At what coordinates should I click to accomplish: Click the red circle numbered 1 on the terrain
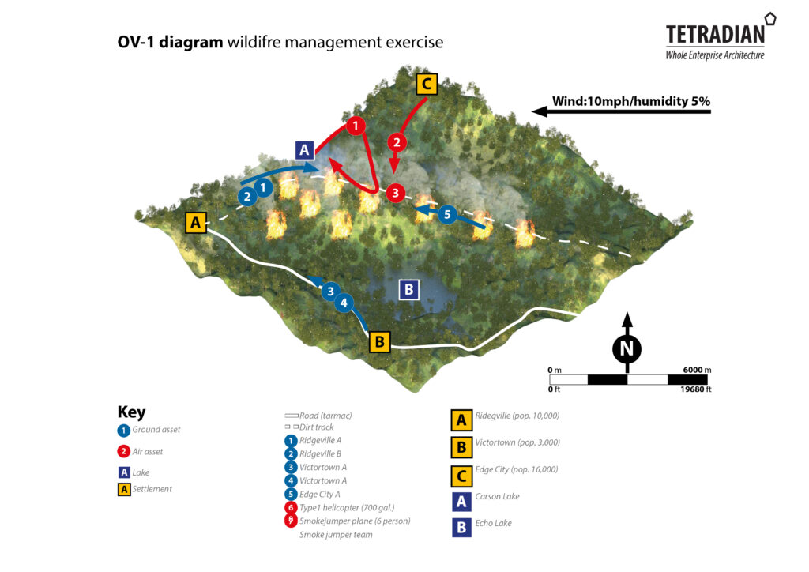(x=356, y=126)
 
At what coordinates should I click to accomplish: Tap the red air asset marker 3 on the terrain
(x=396, y=192)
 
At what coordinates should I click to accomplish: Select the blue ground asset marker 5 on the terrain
(x=447, y=213)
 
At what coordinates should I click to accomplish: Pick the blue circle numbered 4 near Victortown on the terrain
(x=343, y=302)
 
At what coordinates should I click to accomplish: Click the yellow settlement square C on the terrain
(x=426, y=84)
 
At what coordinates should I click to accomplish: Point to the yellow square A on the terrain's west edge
(x=195, y=223)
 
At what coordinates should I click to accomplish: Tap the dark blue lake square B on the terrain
(x=408, y=290)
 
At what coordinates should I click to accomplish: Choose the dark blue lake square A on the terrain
(x=305, y=149)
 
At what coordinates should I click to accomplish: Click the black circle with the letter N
(x=627, y=348)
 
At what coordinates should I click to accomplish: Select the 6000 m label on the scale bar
(x=697, y=370)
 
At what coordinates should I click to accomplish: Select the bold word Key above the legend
(x=131, y=412)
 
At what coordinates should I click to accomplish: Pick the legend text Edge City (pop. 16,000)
(x=516, y=469)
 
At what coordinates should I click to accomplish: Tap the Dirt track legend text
(x=317, y=427)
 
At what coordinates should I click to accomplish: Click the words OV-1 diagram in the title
(x=170, y=42)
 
